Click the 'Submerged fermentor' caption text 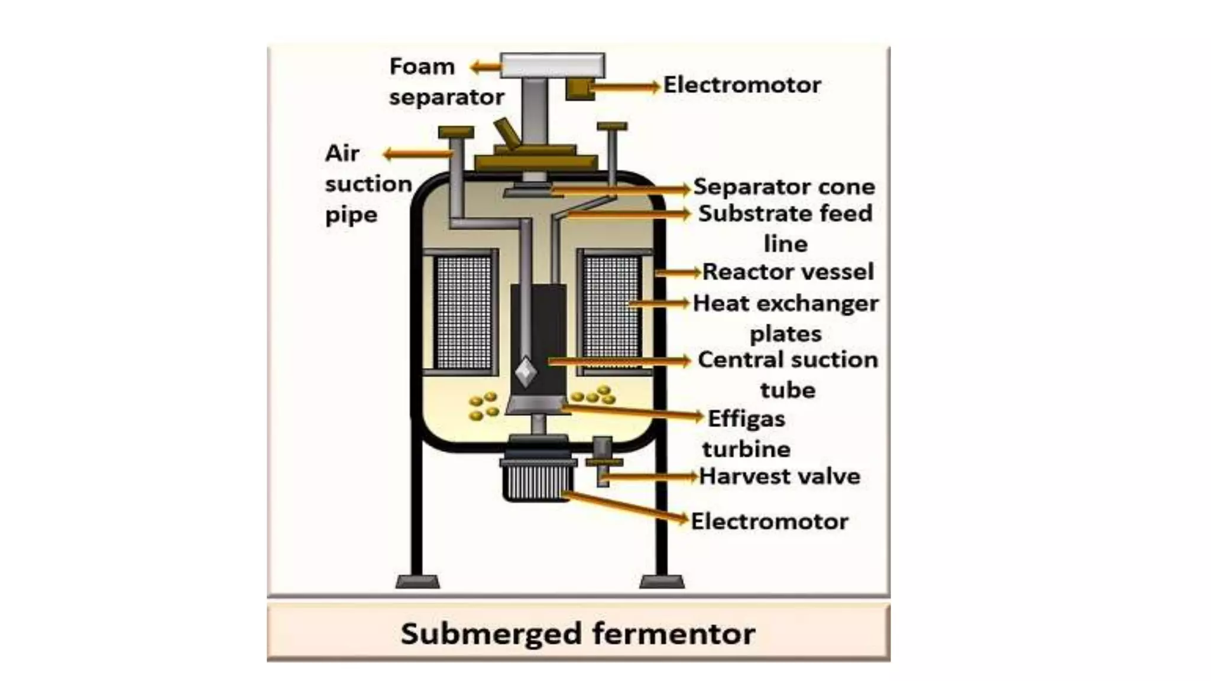tap(578, 634)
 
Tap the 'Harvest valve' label tap(779, 476)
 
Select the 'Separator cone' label tap(784, 187)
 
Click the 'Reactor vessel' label tap(788, 272)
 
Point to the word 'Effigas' tap(746, 419)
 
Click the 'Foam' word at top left tap(422, 67)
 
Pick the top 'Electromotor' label tap(742, 85)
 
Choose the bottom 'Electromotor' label tap(769, 521)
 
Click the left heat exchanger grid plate tap(463, 313)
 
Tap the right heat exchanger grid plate tap(611, 313)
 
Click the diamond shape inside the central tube tap(526, 372)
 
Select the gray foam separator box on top tap(552, 66)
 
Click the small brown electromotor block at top tap(579, 90)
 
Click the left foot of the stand tap(417, 582)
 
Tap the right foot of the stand tap(662, 582)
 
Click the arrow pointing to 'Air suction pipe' tap(417, 155)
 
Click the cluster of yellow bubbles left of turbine tap(483, 406)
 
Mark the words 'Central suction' tap(788, 360)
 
